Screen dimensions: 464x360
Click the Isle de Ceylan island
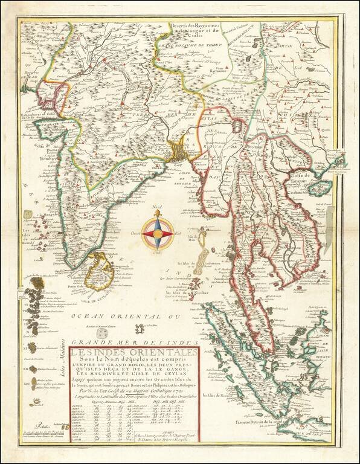pyautogui.click(x=99, y=273)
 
